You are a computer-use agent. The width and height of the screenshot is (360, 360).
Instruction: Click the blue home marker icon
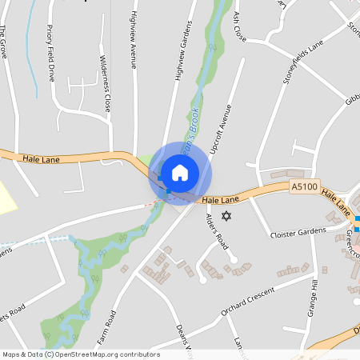pyautogui.click(x=180, y=172)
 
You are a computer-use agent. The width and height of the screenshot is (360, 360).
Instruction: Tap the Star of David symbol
pyautogui.click(x=226, y=216)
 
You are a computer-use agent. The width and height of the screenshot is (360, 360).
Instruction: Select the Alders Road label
pyautogui.click(x=217, y=230)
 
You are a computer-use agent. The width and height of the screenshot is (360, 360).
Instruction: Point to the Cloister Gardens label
pyautogui.click(x=298, y=231)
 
